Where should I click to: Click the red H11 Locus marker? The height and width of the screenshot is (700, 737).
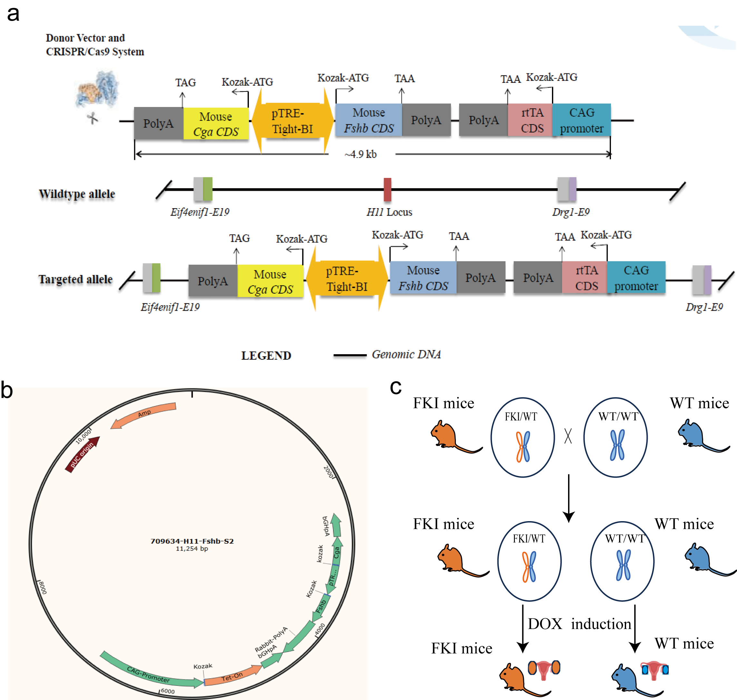(x=387, y=189)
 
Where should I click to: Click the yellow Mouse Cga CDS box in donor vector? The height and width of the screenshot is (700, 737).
(x=216, y=124)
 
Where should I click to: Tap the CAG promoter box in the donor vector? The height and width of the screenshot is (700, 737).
(x=581, y=120)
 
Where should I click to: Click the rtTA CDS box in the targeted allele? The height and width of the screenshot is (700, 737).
(x=586, y=277)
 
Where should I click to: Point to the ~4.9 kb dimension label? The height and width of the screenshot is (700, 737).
(x=361, y=154)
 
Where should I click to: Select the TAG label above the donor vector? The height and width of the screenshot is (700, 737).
(x=186, y=83)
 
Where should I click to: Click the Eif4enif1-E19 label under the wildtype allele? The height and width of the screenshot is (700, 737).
(x=200, y=212)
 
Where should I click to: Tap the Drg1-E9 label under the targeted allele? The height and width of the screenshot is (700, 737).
(x=704, y=307)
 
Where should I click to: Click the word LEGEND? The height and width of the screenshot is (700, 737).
(x=266, y=355)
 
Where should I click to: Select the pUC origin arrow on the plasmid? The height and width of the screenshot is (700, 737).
(x=83, y=454)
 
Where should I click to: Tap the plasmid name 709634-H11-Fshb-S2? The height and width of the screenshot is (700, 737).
(x=192, y=541)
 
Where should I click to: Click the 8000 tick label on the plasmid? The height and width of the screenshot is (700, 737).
(x=43, y=587)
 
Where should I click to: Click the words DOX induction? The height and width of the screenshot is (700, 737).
(x=579, y=624)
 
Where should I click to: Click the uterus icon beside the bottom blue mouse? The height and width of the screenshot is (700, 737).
(x=655, y=670)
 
